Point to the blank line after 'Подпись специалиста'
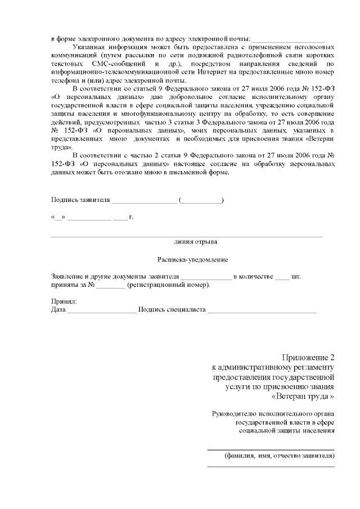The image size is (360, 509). click(x=262, y=310)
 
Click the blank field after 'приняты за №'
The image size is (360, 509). click(x=110, y=285)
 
